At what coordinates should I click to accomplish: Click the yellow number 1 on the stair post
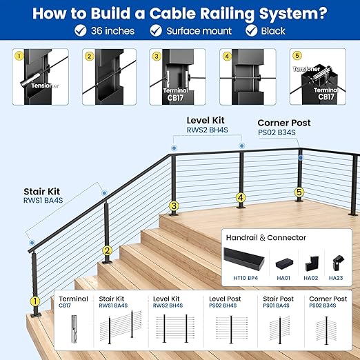click(34, 301)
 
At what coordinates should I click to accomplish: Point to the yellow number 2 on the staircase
click(107, 251)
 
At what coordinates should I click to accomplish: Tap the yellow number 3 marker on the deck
click(174, 206)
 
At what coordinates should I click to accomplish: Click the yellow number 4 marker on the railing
click(240, 197)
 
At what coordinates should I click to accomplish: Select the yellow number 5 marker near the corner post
click(299, 192)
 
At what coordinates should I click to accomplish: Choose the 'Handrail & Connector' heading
click(266, 237)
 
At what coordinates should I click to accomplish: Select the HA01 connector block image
click(283, 263)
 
